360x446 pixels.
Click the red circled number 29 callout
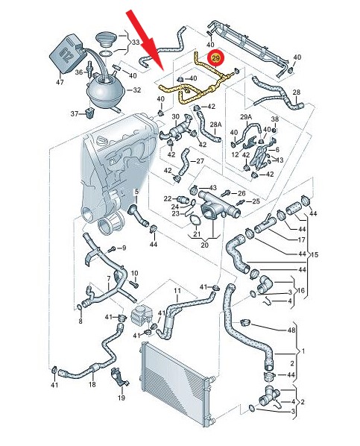click(216, 59)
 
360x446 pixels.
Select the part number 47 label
click(60, 82)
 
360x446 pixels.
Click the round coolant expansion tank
click(106, 89)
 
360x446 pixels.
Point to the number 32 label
click(137, 90)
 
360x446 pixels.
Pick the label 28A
click(216, 125)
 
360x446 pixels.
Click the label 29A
click(246, 117)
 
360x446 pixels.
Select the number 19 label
click(121, 398)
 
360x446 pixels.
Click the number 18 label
click(92, 385)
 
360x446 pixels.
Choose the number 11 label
click(177, 291)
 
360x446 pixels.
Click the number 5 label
click(136, 192)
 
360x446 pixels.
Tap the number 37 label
click(75, 114)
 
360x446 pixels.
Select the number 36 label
click(79, 72)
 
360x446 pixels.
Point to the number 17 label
click(301, 240)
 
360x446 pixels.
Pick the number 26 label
click(241, 193)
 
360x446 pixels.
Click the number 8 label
click(80, 321)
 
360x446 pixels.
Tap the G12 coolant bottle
click(66, 54)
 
